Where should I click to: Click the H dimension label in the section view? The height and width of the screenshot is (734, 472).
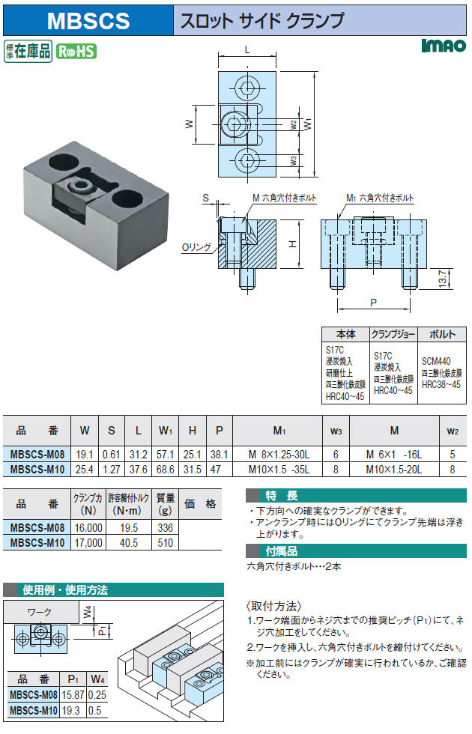294,244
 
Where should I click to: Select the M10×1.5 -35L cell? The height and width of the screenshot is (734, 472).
279,470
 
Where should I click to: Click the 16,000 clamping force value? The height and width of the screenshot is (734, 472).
87,527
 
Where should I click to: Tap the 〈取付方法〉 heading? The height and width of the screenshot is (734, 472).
273,605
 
